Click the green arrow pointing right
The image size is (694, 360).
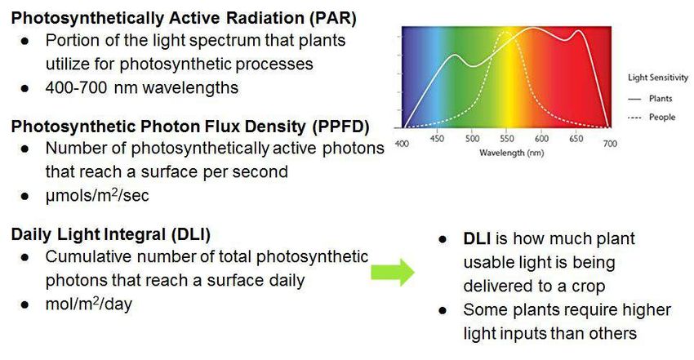coord(392,272)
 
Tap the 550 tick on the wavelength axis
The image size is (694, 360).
coord(507,139)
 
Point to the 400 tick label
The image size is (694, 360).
coord(402,144)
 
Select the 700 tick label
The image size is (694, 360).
coord(610,144)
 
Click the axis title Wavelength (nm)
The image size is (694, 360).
coord(512,153)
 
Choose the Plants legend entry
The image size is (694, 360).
coord(650,99)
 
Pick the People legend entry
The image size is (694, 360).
coord(652,118)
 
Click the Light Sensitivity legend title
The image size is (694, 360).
coord(658,78)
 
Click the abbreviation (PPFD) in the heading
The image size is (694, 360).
coord(340,127)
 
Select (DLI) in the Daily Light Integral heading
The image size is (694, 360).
coord(191,234)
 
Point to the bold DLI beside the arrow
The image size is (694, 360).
coord(477,239)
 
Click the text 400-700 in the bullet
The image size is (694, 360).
coord(76,87)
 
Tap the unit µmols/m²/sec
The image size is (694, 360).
coord(97,195)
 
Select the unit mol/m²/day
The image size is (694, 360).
coord(88,304)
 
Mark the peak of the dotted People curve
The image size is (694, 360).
coord(506,33)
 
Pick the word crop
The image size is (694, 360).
coord(588,287)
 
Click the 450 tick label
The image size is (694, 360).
coord(437,139)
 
